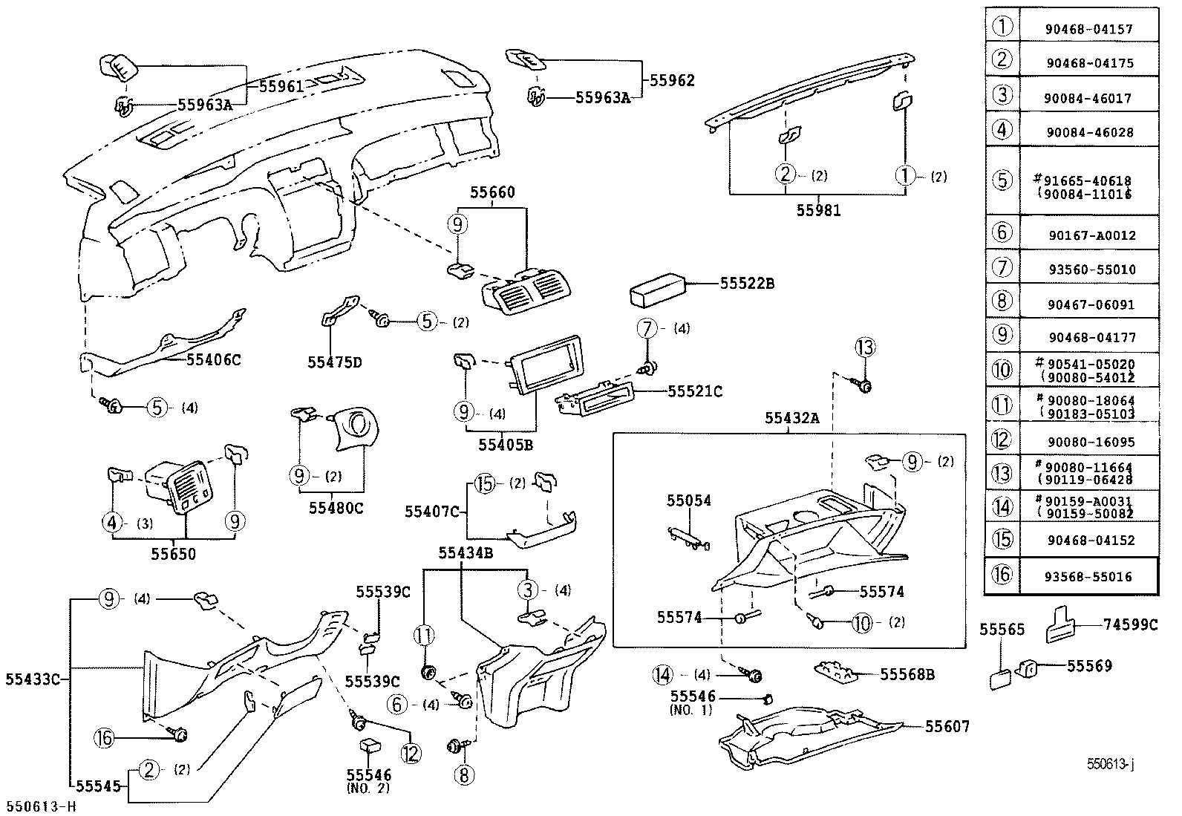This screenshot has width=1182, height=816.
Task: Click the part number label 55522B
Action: click(748, 284)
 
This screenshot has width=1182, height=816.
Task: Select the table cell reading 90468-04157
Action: click(1089, 29)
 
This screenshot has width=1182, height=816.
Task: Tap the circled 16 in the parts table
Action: click(1002, 575)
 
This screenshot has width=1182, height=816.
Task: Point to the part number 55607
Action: click(947, 727)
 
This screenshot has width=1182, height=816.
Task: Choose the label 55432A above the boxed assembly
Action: click(792, 418)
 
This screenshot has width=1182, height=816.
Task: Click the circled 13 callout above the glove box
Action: click(865, 347)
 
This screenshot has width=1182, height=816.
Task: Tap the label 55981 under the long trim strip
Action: click(819, 210)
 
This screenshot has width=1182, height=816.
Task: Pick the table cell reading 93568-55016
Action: click(1089, 576)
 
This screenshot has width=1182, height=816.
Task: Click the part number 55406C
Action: click(214, 359)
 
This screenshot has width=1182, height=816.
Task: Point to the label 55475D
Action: click(335, 362)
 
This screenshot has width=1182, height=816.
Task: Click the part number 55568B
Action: click(907, 674)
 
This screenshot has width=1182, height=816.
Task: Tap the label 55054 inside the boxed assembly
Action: click(688, 500)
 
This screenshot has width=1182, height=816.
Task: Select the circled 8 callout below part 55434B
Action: click(464, 775)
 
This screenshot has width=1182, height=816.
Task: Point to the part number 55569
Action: click(1090, 666)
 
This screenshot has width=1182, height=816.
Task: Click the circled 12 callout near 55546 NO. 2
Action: click(411, 753)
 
